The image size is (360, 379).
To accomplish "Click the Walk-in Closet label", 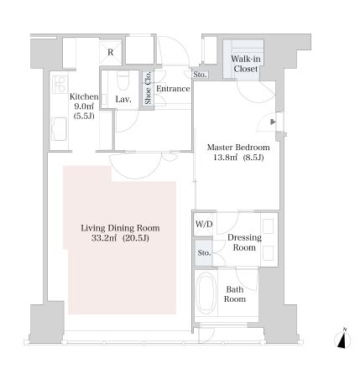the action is [x=246, y=64].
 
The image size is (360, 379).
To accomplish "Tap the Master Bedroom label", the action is [x=238, y=148].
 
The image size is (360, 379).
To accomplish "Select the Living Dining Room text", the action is [x=120, y=228].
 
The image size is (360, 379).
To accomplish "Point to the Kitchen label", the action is [x=84, y=96].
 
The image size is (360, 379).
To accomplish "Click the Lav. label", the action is [x=123, y=99].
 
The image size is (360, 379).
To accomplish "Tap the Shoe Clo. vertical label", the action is [x=148, y=88].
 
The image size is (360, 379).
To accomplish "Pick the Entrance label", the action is [x=173, y=89].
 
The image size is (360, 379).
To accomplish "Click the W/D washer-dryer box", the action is [x=204, y=224].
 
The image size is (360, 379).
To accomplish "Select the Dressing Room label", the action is [x=244, y=242].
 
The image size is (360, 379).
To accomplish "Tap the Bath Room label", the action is [x=235, y=294].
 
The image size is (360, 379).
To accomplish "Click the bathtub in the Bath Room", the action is [x=206, y=293].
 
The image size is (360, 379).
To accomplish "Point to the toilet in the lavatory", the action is [x=123, y=80].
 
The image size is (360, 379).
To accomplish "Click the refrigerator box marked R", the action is [x=111, y=52].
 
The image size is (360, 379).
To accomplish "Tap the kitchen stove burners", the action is [x=60, y=84].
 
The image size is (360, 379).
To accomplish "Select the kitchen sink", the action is [x=59, y=129].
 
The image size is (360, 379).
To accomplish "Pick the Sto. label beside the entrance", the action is [x=200, y=75].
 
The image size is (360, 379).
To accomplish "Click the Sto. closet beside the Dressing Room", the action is [x=203, y=253].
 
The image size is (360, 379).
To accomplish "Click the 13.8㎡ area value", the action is [x=226, y=158].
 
